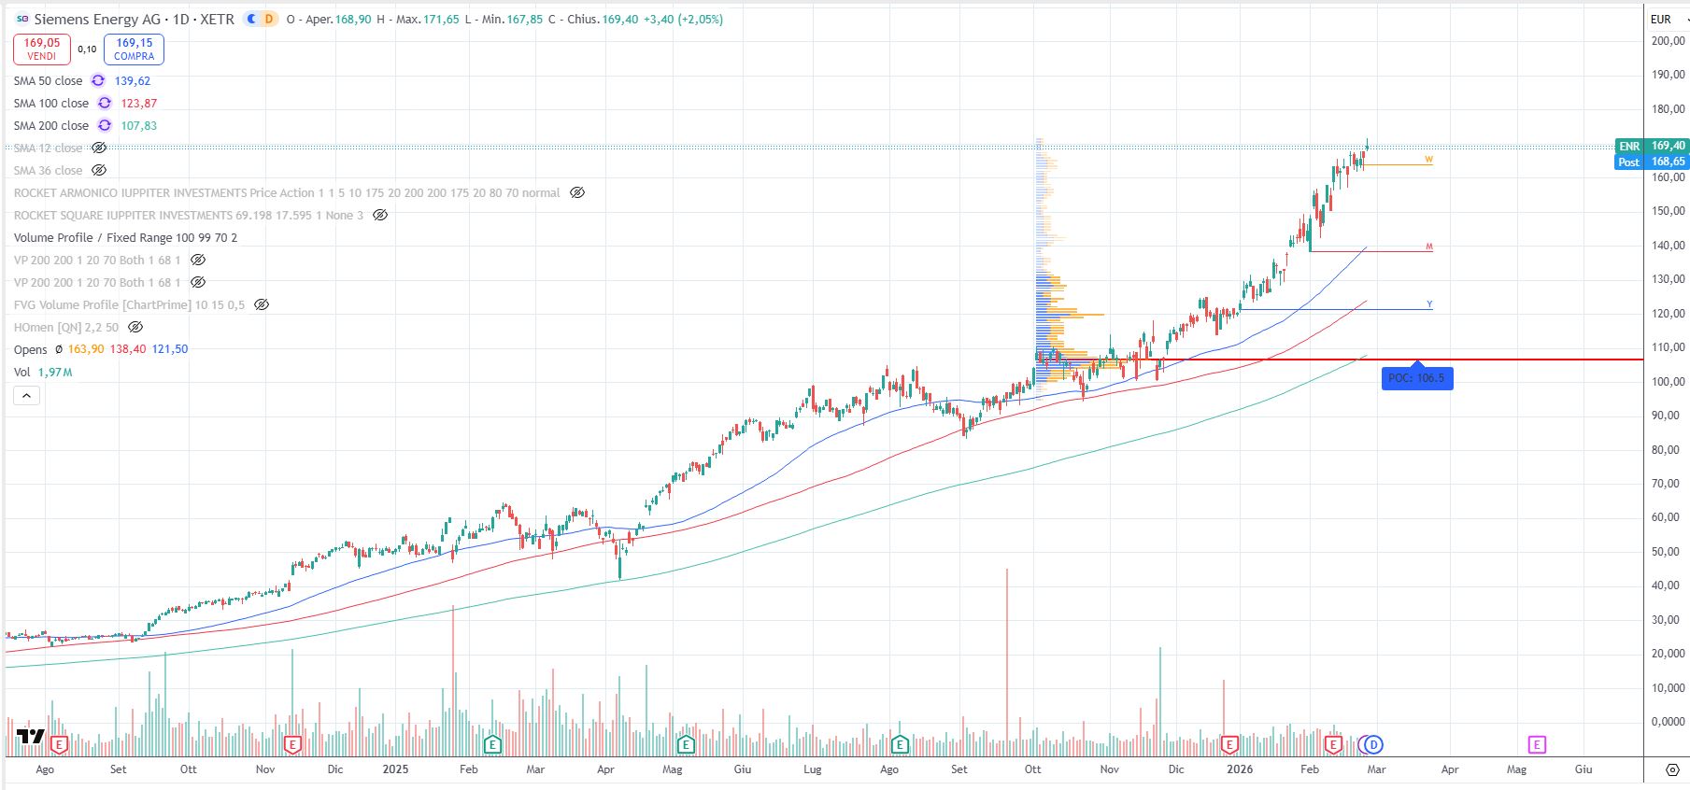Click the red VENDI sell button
point(42,49)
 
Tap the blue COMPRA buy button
point(134,49)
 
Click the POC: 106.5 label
point(1416,378)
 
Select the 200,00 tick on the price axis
point(1668,41)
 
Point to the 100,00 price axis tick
point(1668,381)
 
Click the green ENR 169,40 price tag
point(1651,146)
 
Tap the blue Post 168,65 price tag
point(1651,162)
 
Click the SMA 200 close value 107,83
point(138,126)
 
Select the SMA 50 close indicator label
point(48,81)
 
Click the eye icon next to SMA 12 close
point(99,148)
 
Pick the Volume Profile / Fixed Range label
point(125,238)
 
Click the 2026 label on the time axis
point(1240,769)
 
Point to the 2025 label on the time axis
point(395,769)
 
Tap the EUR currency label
point(1660,19)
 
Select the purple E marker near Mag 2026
point(1537,744)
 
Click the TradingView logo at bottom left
point(30,737)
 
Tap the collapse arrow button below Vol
point(27,396)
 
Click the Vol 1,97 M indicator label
point(43,373)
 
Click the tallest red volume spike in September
point(1007,654)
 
